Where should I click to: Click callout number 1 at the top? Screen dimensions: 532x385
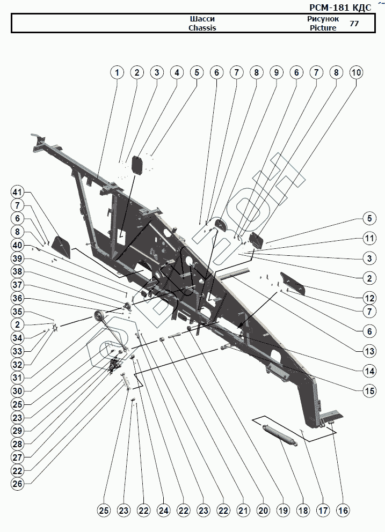click(x=117, y=72)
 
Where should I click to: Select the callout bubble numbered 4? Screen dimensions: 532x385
click(x=176, y=72)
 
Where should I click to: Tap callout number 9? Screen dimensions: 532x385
click(x=275, y=72)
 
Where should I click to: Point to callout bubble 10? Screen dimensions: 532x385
click(x=356, y=72)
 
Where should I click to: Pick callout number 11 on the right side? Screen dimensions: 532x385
click(x=369, y=238)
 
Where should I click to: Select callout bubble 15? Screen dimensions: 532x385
click(x=369, y=391)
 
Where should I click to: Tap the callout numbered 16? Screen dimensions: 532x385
click(x=343, y=511)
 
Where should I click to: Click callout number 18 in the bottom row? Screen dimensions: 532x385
click(x=303, y=511)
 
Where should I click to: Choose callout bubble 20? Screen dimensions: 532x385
click(x=263, y=511)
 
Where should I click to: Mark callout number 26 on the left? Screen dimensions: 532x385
click(x=18, y=483)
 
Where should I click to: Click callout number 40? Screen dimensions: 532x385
click(x=18, y=245)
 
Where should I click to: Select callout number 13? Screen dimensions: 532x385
click(x=369, y=352)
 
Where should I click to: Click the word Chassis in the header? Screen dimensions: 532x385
click(x=202, y=28)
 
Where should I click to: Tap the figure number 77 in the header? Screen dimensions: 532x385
click(x=354, y=24)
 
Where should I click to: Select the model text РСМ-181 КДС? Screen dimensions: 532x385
click(x=340, y=8)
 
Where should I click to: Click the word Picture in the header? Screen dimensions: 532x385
click(x=323, y=28)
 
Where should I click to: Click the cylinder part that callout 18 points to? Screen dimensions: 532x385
click(x=280, y=433)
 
